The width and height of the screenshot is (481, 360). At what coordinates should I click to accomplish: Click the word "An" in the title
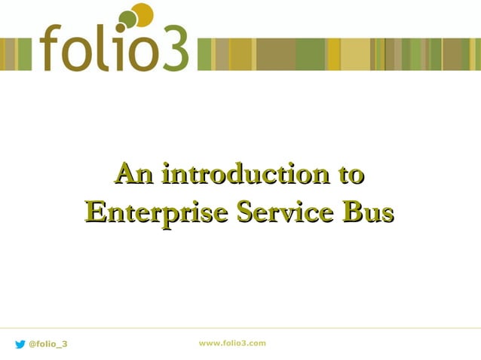133,175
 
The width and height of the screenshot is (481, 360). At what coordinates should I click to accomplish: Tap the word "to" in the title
350,175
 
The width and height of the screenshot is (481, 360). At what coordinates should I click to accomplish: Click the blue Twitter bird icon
20,344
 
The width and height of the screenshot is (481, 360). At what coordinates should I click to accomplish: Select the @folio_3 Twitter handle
47,344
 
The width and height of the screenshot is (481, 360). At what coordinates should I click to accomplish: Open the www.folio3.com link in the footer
232,343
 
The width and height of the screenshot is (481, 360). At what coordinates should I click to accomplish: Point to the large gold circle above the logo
142,14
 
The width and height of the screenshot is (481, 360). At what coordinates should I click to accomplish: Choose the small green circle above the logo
127,19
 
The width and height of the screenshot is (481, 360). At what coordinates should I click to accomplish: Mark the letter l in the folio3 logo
97,47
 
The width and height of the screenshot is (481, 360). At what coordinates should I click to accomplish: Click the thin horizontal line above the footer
240,328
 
